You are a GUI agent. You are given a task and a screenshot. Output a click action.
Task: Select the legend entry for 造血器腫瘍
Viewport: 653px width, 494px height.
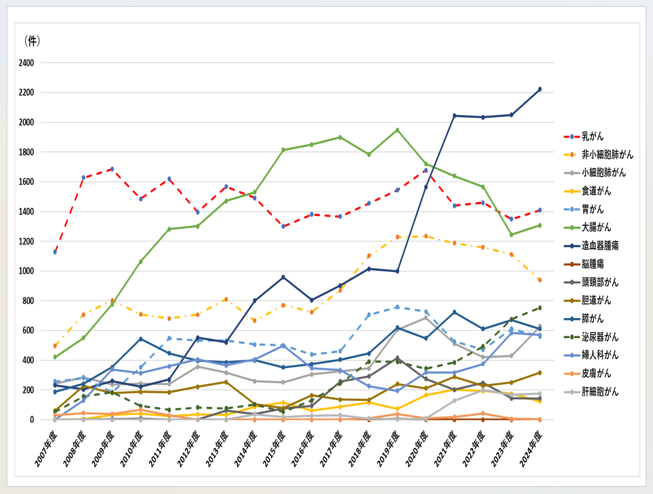click(x=601, y=246)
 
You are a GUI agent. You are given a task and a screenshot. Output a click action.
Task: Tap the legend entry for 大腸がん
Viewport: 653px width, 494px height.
click(x=596, y=228)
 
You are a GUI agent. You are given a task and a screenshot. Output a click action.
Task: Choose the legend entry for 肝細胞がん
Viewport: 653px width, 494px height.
click(x=601, y=392)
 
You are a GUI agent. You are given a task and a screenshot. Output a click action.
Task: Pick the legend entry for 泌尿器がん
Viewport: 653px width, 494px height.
click(x=601, y=337)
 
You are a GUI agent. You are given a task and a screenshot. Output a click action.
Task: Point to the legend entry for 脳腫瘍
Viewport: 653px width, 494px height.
click(x=592, y=264)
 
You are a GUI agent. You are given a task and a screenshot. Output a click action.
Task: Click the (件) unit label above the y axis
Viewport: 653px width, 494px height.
click(x=32, y=41)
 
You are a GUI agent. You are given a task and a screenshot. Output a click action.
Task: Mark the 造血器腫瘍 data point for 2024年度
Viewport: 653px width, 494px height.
click(x=539, y=89)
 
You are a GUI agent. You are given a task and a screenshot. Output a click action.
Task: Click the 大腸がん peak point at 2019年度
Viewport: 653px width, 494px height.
click(x=397, y=130)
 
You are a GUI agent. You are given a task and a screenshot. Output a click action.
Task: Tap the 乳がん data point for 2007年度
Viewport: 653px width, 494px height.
click(x=55, y=252)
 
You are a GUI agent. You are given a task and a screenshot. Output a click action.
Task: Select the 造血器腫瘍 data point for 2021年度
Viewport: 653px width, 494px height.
click(x=454, y=116)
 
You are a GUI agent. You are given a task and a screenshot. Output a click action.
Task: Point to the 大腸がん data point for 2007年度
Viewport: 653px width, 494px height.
click(x=55, y=357)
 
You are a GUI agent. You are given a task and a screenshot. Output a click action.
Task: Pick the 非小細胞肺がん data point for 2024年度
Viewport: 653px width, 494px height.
click(x=539, y=280)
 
